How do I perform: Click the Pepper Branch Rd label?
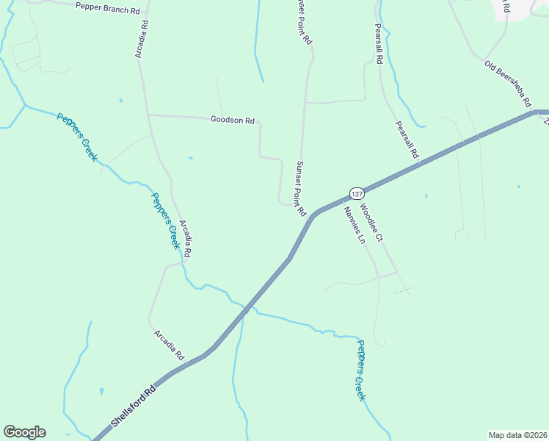(107, 8)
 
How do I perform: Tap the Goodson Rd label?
(232, 120)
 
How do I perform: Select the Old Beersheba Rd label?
(507, 85)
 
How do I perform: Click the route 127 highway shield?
(356, 193)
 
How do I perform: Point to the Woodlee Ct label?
(372, 223)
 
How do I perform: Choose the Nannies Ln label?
(354, 225)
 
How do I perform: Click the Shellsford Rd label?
(134, 405)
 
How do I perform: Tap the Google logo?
(24, 432)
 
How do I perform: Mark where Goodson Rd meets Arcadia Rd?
(149, 115)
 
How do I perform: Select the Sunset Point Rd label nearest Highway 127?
(300, 189)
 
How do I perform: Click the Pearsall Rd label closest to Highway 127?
(406, 140)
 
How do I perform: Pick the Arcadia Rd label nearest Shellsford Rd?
(169, 344)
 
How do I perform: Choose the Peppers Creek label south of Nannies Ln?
(360, 370)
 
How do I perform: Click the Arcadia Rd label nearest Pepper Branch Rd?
(142, 38)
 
